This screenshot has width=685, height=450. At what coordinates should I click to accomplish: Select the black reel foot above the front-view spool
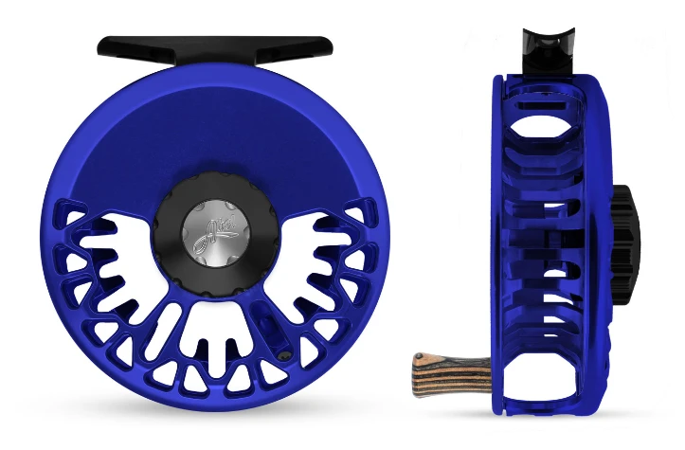point(215,45)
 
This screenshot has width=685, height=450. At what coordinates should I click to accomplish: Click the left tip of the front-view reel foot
point(102,45)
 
